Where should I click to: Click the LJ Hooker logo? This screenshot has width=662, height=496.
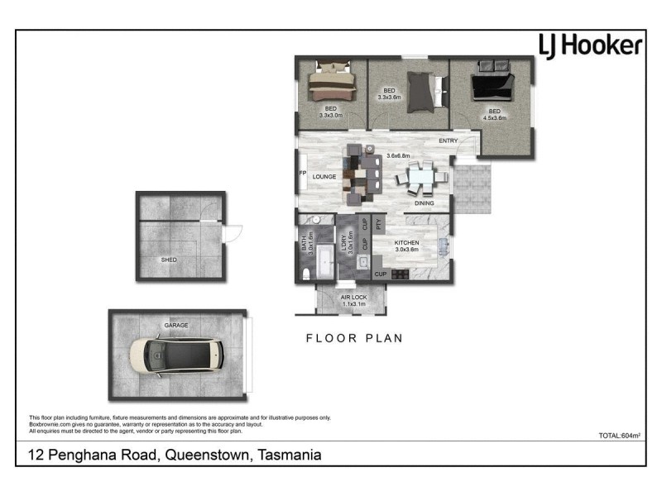[x=589, y=45]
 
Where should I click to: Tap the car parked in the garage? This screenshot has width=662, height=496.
[x=177, y=354]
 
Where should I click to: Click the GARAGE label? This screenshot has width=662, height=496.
[x=176, y=325]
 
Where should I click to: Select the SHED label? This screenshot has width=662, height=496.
[x=169, y=260]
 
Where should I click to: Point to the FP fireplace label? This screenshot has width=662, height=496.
[x=302, y=174]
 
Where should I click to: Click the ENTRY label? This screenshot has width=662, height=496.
[x=448, y=141]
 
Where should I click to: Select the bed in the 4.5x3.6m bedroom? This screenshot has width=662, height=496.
[x=489, y=87]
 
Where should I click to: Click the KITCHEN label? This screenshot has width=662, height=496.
[x=406, y=243]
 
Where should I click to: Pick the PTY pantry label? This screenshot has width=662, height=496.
[x=378, y=224]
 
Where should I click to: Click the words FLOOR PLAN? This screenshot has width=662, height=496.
[x=353, y=337]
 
